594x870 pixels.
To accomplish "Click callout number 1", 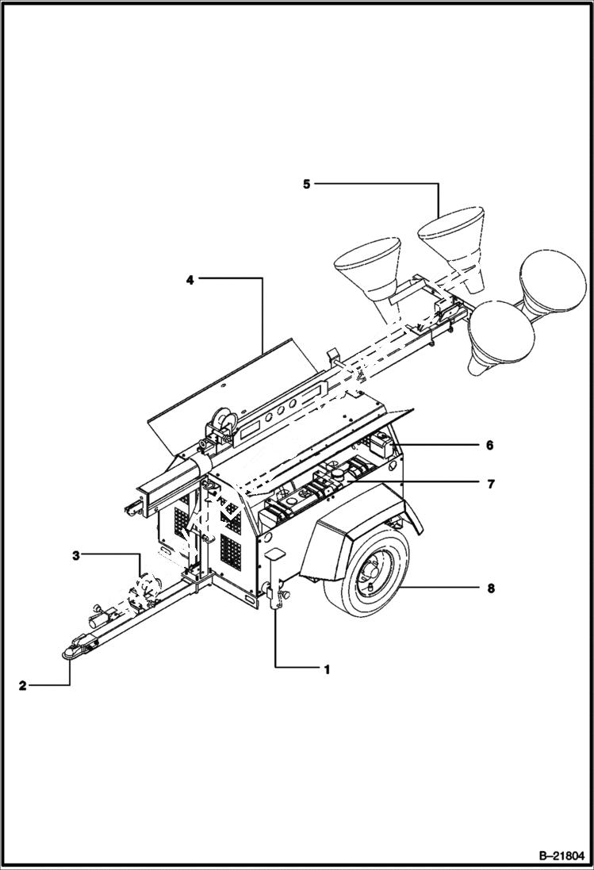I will point(326,669).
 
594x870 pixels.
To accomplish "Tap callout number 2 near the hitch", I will point(23,686).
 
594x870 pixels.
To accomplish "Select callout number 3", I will point(76,556).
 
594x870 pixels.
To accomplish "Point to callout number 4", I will point(190,278).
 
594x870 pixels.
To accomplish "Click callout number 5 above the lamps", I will point(307,184).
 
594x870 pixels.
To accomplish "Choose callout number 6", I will point(489,446).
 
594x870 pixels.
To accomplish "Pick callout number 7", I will point(489,482).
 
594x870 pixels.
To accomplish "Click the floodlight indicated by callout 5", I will point(452,238).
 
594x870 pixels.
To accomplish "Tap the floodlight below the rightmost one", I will point(496,333).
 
